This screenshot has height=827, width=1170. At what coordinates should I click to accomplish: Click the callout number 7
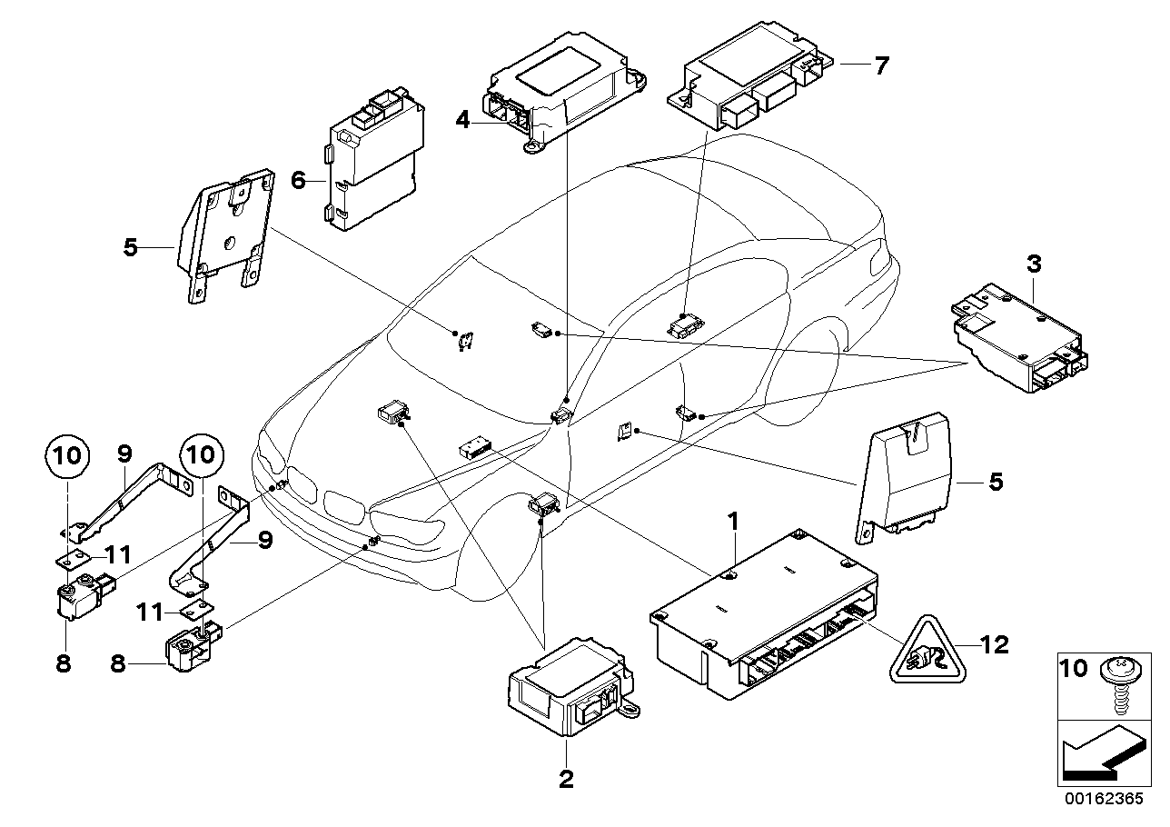pos(880,65)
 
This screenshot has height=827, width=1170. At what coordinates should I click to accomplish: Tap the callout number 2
pos(565,780)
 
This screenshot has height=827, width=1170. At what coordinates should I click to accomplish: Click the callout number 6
pos(297,181)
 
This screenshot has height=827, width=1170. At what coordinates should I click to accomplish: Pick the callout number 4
pos(463,119)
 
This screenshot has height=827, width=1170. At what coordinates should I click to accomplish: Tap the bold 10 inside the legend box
pos(1074,669)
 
